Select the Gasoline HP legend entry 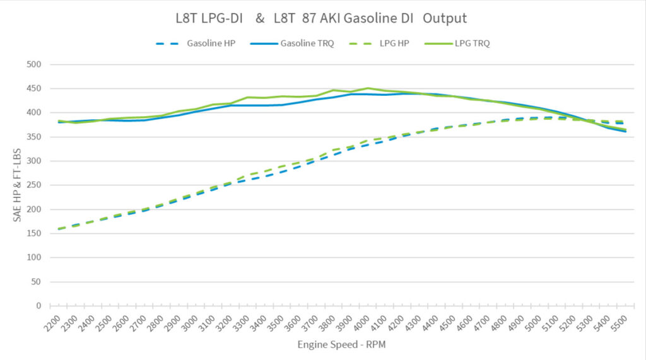tap(211, 44)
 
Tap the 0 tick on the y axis tap(38, 306)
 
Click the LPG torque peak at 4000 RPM tap(368, 88)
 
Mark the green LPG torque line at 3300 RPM tap(248, 97)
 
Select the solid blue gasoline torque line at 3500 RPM tap(282, 105)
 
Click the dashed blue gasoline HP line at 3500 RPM tap(282, 171)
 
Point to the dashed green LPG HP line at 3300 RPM tap(248, 175)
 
